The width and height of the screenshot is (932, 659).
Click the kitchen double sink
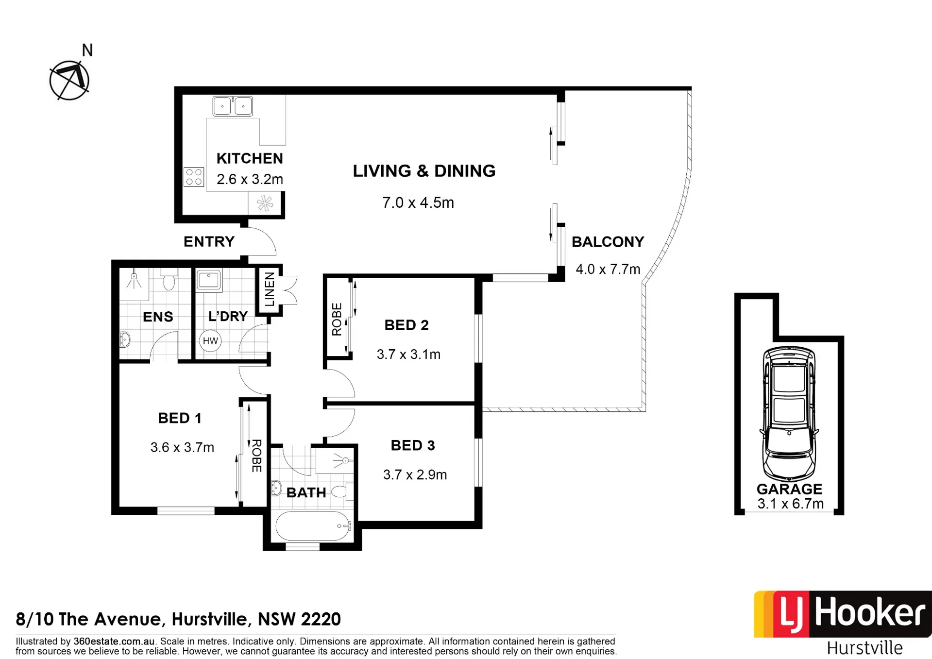coord(233,106)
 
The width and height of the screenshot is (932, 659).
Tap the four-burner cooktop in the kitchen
coord(194,177)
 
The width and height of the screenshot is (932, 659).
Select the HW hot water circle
coord(210,341)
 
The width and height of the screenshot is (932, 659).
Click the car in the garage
coord(789,413)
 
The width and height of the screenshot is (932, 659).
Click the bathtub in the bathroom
coord(314,526)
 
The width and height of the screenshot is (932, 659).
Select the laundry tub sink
coord(209,280)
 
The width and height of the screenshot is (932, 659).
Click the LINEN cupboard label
coord(270,289)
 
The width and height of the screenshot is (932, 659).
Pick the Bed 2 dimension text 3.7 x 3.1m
coord(408,355)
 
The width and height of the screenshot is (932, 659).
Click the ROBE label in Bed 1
coord(256,456)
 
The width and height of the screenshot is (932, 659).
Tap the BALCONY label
coord(608,242)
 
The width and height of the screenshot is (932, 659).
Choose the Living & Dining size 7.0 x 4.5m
coord(418,203)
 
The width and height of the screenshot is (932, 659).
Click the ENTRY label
coord(209,241)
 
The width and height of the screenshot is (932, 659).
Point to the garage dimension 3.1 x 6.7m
coord(790,504)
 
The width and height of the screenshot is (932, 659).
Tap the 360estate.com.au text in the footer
coord(114,642)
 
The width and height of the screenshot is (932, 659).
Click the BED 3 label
coord(413,445)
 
